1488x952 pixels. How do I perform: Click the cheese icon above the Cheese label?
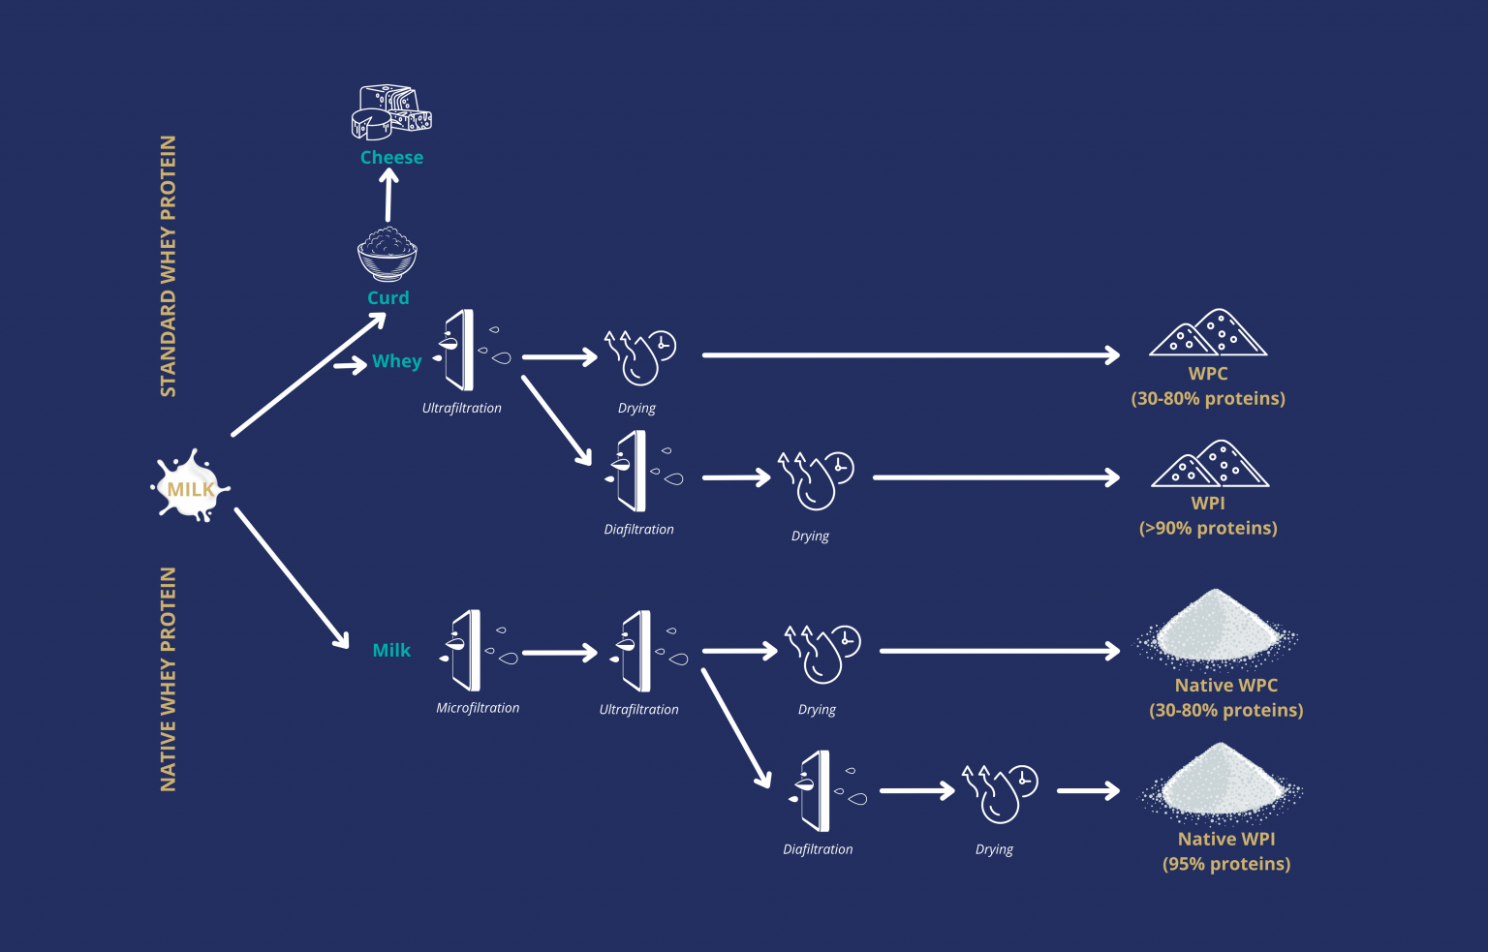(391, 112)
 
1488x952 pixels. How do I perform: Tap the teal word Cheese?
(391, 157)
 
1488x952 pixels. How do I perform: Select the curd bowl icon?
(387, 255)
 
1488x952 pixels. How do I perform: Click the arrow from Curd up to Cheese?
(388, 195)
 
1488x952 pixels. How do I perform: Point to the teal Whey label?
(396, 361)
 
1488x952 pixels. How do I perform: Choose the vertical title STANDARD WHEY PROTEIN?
(168, 266)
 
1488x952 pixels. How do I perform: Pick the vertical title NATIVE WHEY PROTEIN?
(168, 679)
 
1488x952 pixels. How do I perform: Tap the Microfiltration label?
(478, 708)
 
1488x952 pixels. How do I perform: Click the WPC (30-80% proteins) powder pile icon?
(1208, 332)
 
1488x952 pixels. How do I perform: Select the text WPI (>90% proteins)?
(1208, 516)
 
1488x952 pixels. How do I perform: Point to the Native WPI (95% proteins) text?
(1226, 851)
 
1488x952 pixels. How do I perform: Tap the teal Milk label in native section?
(391, 650)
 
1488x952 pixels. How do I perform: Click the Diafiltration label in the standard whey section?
(638, 529)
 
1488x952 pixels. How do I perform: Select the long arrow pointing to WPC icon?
(912, 355)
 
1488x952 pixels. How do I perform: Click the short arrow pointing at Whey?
(350, 364)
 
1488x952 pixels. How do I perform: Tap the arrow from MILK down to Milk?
(292, 578)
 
